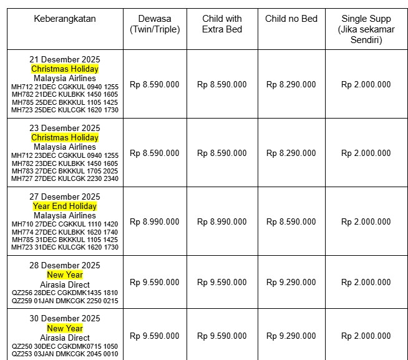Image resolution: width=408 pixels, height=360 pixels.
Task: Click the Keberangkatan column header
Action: tap(65, 19)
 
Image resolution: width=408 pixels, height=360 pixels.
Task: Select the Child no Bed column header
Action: tap(291, 19)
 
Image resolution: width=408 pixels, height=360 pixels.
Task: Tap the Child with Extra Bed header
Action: tap(221, 24)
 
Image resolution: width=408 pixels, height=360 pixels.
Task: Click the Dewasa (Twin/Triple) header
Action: tap(155, 24)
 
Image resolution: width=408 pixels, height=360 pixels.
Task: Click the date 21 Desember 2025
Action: tap(65, 59)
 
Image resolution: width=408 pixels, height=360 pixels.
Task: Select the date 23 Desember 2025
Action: tap(65, 128)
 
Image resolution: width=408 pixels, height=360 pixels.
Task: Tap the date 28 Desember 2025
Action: tap(65, 265)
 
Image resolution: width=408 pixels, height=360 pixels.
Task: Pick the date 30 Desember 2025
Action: tap(65, 319)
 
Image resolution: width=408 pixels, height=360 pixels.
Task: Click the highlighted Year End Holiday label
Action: tap(65, 206)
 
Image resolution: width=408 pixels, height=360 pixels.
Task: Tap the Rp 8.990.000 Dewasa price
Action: tap(155, 221)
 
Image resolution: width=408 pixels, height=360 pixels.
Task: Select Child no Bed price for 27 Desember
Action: tap(291, 221)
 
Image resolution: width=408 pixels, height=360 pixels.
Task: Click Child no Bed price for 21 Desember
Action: tap(291, 84)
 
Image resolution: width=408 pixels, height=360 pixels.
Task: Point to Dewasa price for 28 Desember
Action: tap(155, 282)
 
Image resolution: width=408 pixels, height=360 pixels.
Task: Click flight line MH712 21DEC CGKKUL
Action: tap(65, 87)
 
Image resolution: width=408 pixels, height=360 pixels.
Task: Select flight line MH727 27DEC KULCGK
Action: tap(65, 178)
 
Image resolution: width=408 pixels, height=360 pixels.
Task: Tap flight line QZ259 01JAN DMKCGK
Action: tap(65, 301)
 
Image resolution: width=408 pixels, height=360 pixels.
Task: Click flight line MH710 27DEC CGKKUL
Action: tap(65, 224)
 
